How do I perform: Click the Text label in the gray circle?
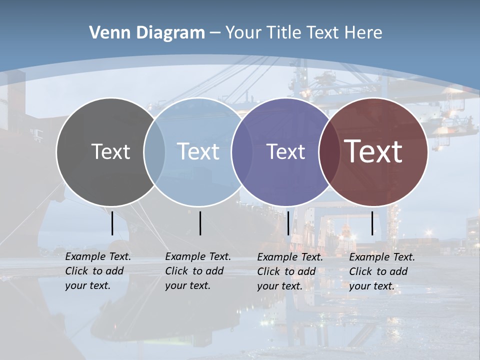110,151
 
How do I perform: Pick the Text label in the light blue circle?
198,151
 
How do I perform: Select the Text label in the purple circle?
285,151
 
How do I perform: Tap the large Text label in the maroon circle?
373,151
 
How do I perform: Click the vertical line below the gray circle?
112,223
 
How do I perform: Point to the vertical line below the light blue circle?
200,223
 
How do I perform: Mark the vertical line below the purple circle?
288,223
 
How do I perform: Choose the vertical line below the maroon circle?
372,223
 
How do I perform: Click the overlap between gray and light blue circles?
154,152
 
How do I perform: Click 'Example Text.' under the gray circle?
98,256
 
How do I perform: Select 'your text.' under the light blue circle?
187,285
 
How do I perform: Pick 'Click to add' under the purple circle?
286,271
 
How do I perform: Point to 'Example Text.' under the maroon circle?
382,257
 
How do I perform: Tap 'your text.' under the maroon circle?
371,286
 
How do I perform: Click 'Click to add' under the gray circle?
94,271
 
